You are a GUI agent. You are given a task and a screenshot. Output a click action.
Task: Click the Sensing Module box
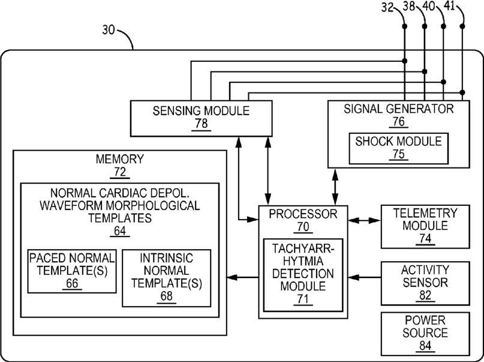[202, 118]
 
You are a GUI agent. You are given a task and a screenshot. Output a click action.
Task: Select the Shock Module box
[398, 148]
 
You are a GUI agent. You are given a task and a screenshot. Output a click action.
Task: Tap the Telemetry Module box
[425, 226]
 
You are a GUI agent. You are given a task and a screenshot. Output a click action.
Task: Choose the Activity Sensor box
[425, 283]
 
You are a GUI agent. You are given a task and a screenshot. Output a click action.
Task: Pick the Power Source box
[425, 334]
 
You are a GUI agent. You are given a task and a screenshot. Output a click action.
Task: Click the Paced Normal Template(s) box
[72, 271]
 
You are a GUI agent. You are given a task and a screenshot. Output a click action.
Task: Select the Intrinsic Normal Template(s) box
[166, 278]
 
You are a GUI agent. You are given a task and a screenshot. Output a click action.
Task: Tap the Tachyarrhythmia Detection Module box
[303, 275]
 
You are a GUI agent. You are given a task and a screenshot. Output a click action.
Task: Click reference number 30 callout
[109, 30]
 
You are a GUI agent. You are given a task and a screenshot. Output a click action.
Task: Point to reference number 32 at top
[387, 7]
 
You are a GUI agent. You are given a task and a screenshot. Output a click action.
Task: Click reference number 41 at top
[449, 6]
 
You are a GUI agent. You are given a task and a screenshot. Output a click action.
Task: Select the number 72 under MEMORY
[120, 172]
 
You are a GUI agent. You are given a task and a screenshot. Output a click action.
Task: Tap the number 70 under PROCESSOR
[303, 227]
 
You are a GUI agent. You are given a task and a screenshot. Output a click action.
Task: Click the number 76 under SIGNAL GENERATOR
[398, 121]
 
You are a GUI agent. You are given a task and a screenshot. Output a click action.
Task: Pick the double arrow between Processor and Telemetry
[364, 220]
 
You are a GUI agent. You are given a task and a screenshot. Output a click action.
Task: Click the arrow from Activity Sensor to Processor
[364, 277]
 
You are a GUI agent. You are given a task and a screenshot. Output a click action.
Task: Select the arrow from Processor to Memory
[243, 277]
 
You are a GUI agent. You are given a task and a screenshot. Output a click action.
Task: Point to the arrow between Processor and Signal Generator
[335, 187]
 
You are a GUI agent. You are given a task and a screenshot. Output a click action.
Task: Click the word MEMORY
[120, 158]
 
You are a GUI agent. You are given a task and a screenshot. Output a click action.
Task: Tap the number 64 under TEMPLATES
[120, 231]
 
